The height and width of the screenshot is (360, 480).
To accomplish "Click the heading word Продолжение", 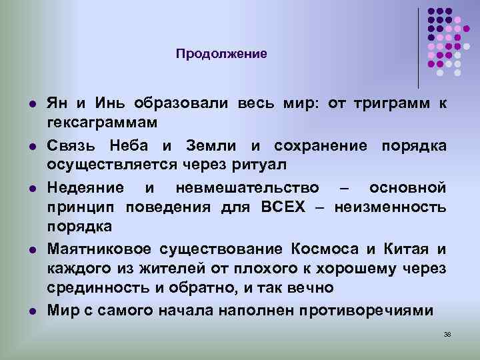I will point(221,53).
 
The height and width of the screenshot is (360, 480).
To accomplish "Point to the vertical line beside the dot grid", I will point(419,47).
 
